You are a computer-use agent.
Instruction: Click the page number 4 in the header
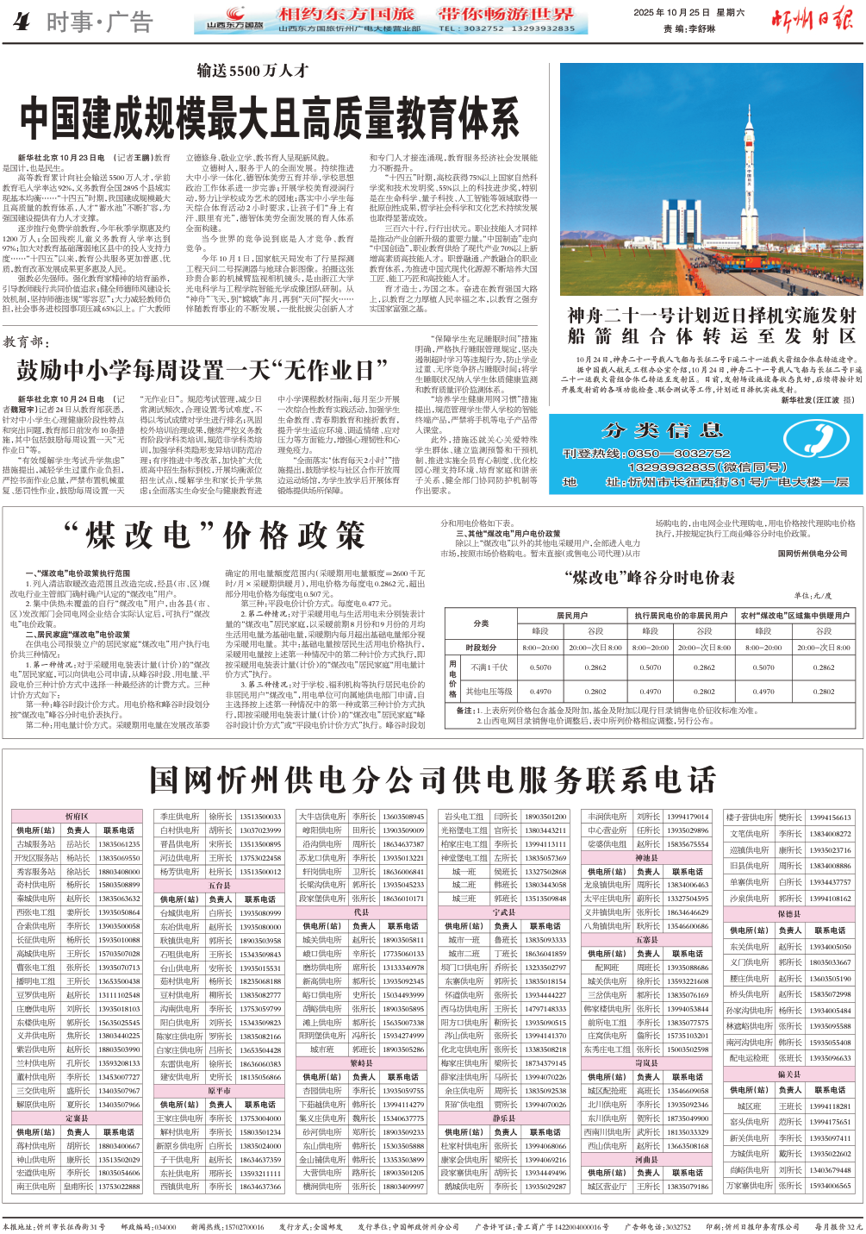(x=21, y=22)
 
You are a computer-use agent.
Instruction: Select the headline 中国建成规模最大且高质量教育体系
(x=270, y=118)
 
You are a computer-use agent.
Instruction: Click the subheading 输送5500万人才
(x=252, y=71)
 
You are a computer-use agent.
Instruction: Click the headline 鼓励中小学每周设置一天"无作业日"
(x=202, y=370)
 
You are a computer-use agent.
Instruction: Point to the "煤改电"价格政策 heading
(x=215, y=536)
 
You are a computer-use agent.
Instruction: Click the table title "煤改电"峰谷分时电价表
(x=649, y=577)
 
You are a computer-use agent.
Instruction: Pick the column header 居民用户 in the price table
(x=571, y=616)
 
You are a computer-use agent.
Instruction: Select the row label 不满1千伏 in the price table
(x=489, y=667)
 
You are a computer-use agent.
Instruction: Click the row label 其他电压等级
(x=489, y=691)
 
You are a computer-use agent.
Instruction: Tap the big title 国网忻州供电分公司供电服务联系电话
(x=433, y=780)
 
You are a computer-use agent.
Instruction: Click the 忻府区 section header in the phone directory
(x=77, y=817)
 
